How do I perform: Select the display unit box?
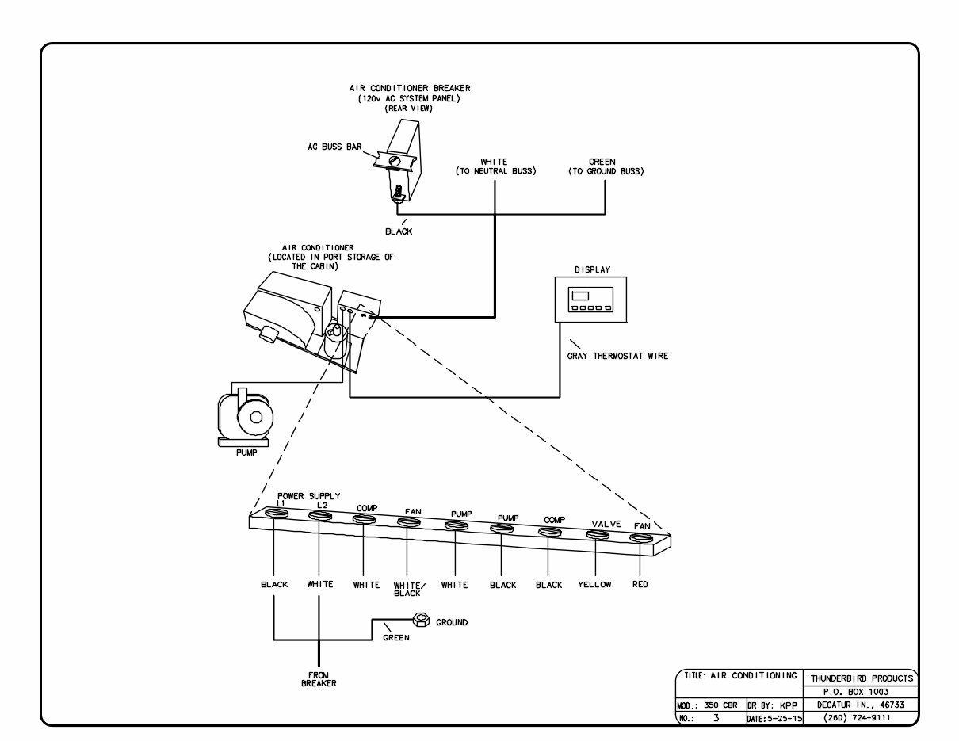(590, 299)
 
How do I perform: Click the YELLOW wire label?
(594, 585)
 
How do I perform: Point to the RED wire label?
(640, 585)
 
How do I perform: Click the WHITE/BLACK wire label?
(410, 589)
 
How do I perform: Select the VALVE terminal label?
(606, 524)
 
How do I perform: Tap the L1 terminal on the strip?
(274, 515)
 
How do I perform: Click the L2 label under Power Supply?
(322, 505)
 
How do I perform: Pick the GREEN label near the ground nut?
(396, 637)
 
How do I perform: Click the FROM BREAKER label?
(319, 679)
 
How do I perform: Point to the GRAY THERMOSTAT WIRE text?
(617, 356)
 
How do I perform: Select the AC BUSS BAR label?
(336, 147)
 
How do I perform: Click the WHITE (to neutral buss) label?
(495, 166)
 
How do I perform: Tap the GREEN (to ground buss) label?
(606, 166)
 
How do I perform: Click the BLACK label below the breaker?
(398, 231)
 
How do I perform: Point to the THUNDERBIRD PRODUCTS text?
(862, 678)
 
